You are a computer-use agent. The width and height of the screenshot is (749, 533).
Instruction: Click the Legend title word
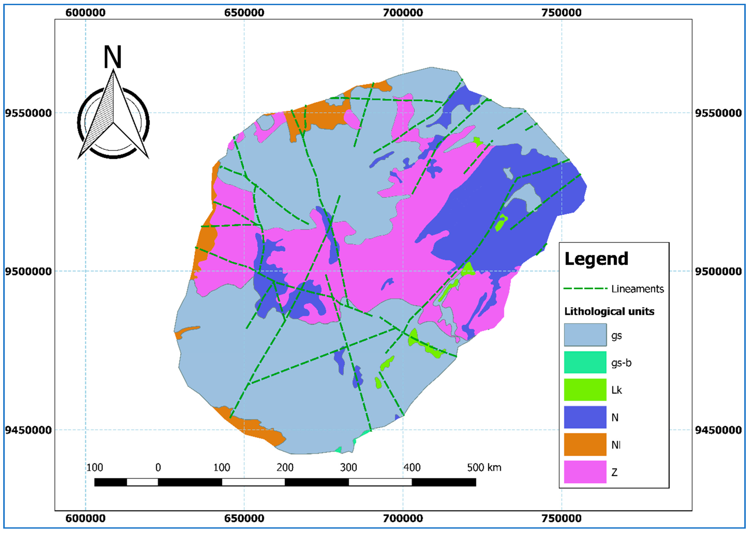[596, 259]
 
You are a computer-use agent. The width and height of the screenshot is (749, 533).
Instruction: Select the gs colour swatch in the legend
[585, 335]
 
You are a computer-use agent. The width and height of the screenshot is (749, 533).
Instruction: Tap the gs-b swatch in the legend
[585, 362]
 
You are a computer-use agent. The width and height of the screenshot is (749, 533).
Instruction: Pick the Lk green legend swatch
[585, 390]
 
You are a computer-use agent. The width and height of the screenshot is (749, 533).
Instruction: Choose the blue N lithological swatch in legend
[585, 417]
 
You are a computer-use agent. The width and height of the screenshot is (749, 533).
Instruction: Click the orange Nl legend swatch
[585, 444]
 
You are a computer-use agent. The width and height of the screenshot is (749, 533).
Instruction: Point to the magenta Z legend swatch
[585, 472]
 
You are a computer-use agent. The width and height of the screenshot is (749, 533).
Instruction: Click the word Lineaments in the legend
[637, 289]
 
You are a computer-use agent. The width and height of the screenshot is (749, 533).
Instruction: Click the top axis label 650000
[244, 13]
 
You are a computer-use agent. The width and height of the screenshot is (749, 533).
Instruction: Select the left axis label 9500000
[29, 271]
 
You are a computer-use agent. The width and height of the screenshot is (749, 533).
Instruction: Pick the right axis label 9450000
[718, 430]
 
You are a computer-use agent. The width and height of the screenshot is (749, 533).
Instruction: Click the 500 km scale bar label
[484, 467]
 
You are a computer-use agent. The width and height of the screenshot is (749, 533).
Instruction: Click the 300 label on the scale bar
[348, 467]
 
